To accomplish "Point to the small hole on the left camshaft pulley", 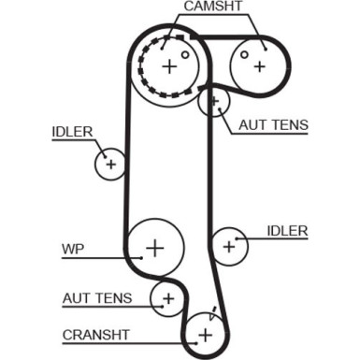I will click(x=185, y=54).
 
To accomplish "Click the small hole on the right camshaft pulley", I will click(x=245, y=54).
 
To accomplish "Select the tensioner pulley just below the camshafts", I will click(x=214, y=100).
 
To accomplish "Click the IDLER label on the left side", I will click(x=72, y=132).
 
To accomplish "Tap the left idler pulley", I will click(x=110, y=165).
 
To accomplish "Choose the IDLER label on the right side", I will click(x=286, y=230).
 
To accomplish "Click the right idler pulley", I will click(x=228, y=246).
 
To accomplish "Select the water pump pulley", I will click(x=153, y=247).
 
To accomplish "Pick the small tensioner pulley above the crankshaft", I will click(x=168, y=298).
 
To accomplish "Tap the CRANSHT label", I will click(x=95, y=334).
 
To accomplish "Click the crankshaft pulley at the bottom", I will click(x=204, y=332).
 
